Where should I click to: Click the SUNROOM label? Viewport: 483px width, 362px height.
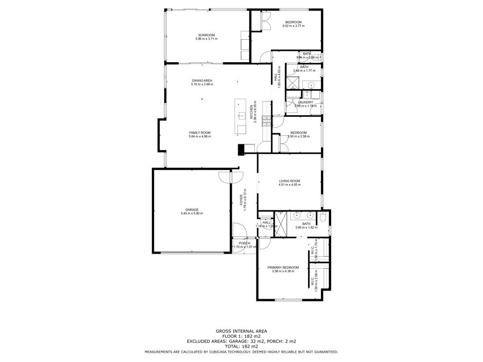pos(207,35)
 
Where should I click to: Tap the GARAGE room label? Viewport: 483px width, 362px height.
pos(192,209)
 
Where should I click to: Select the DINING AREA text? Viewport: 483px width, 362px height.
pos(202,80)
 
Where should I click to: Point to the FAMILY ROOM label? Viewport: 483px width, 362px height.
pos(200,132)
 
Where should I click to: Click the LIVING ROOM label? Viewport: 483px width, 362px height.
pos(289,181)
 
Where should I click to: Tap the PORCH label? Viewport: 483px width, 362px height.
pos(244,243)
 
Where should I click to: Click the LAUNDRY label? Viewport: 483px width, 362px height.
pos(305,102)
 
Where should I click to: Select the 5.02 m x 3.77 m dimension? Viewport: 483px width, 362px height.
pos(294,26)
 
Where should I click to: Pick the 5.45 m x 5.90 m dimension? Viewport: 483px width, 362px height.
pos(192,213)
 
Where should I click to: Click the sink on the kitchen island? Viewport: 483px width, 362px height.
pos(241,115)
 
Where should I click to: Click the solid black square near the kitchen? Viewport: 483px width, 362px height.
pos(241,149)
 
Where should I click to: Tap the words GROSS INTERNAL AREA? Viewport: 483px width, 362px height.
pos(241,331)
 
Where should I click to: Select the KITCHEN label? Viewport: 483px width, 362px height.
pos(252,113)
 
